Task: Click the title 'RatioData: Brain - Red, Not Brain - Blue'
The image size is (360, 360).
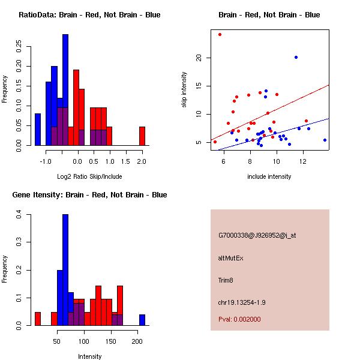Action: tap(89, 15)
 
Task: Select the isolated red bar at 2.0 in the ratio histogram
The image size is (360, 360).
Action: tap(142, 136)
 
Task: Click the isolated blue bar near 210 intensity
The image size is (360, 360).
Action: tap(142, 319)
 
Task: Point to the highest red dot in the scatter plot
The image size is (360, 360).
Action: tap(220, 34)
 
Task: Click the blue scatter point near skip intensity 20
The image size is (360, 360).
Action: tap(296, 57)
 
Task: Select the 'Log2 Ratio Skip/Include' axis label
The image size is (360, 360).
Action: tap(89, 176)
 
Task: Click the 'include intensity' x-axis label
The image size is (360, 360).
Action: tap(269, 176)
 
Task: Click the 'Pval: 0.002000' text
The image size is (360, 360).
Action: tap(239, 319)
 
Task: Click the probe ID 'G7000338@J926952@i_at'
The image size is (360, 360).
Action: tap(257, 235)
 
